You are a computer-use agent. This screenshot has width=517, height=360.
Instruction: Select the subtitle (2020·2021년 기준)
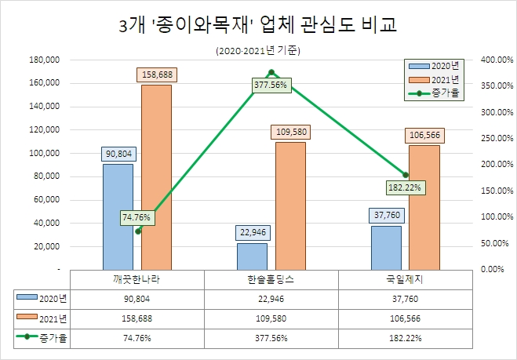click(x=258, y=51)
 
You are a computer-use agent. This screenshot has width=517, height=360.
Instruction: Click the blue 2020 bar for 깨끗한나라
click(x=117, y=216)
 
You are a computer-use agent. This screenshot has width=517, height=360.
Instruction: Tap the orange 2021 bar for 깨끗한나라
click(x=156, y=176)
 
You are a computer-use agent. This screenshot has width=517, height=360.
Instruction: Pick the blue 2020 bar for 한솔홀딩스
click(x=251, y=256)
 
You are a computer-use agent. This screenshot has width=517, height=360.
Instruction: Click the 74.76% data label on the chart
click(x=138, y=217)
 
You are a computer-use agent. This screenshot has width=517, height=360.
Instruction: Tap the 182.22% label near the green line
click(x=406, y=187)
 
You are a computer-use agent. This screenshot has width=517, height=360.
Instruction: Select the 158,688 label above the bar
click(x=156, y=75)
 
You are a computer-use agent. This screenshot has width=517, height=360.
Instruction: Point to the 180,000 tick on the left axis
click(x=44, y=60)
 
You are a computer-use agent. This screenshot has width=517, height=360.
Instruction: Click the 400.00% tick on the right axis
click(x=497, y=60)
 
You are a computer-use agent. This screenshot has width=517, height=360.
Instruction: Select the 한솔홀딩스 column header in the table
click(x=271, y=278)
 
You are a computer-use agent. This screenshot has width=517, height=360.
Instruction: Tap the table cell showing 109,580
click(x=271, y=318)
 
